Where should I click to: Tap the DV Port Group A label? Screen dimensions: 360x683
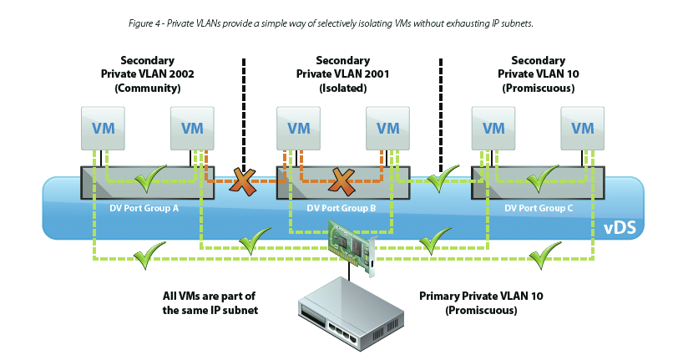(x=144, y=208)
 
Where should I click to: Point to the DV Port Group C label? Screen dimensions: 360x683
(x=539, y=208)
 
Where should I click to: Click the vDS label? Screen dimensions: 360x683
(x=620, y=226)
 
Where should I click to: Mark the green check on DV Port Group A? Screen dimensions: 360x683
(x=150, y=175)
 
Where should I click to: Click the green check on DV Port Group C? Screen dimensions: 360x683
(x=543, y=175)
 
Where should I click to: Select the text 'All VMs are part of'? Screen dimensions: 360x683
(x=210, y=296)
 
